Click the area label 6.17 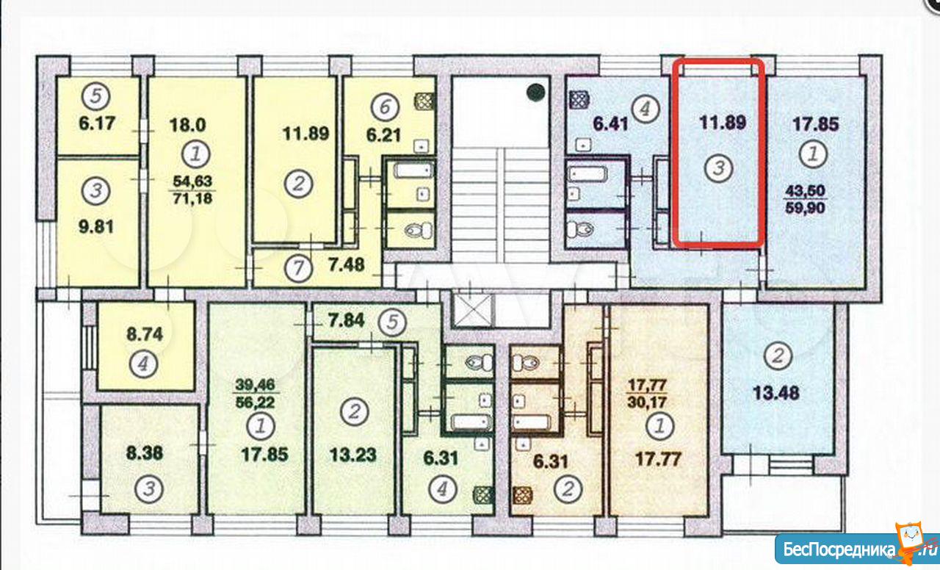click(x=97, y=123)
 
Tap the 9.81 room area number click(x=96, y=227)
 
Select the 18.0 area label click(x=187, y=125)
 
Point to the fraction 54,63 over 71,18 click(x=192, y=190)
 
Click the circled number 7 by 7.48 click(x=298, y=268)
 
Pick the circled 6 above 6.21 click(x=385, y=107)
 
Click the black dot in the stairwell click(x=536, y=92)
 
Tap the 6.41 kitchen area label click(x=610, y=124)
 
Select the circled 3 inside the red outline click(x=718, y=168)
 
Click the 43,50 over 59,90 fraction click(x=805, y=199)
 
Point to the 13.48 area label click(x=776, y=393)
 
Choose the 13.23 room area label click(x=353, y=455)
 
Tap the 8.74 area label click(x=145, y=334)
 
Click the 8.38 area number click(x=145, y=453)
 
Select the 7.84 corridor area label click(x=347, y=321)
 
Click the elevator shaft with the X click(x=474, y=310)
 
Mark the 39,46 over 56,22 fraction click(x=255, y=394)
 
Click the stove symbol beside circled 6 click(x=424, y=101)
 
